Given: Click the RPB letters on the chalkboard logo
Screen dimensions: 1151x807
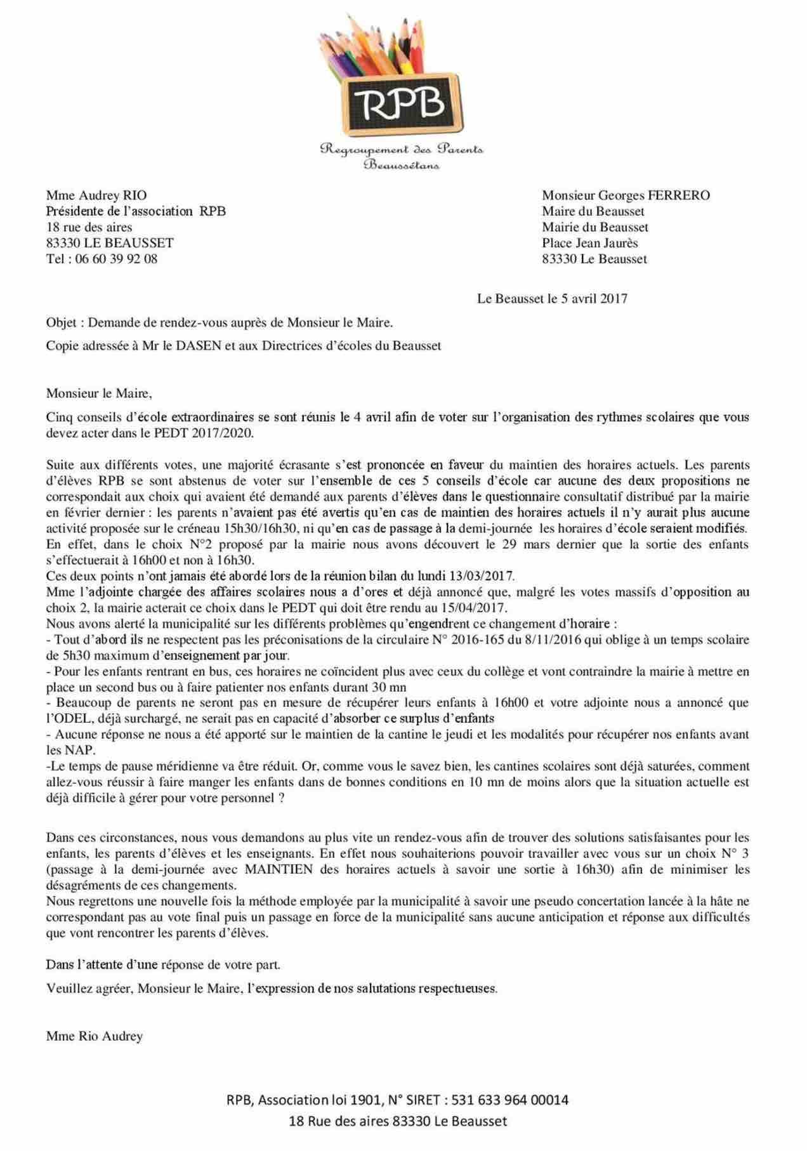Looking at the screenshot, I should (x=402, y=104).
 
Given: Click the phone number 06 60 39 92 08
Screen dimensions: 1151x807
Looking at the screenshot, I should (x=121, y=259).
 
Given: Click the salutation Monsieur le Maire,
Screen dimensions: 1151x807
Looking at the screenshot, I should (x=99, y=393).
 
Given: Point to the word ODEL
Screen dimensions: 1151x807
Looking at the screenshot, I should (x=72, y=719).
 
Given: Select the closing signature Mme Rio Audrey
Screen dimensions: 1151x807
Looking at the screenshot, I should (x=95, y=1036).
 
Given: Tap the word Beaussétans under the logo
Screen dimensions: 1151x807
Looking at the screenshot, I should (x=402, y=166).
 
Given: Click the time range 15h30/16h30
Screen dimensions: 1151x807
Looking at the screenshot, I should (x=205, y=529).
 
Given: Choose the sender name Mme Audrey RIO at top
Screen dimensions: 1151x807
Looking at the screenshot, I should (x=96, y=195).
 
